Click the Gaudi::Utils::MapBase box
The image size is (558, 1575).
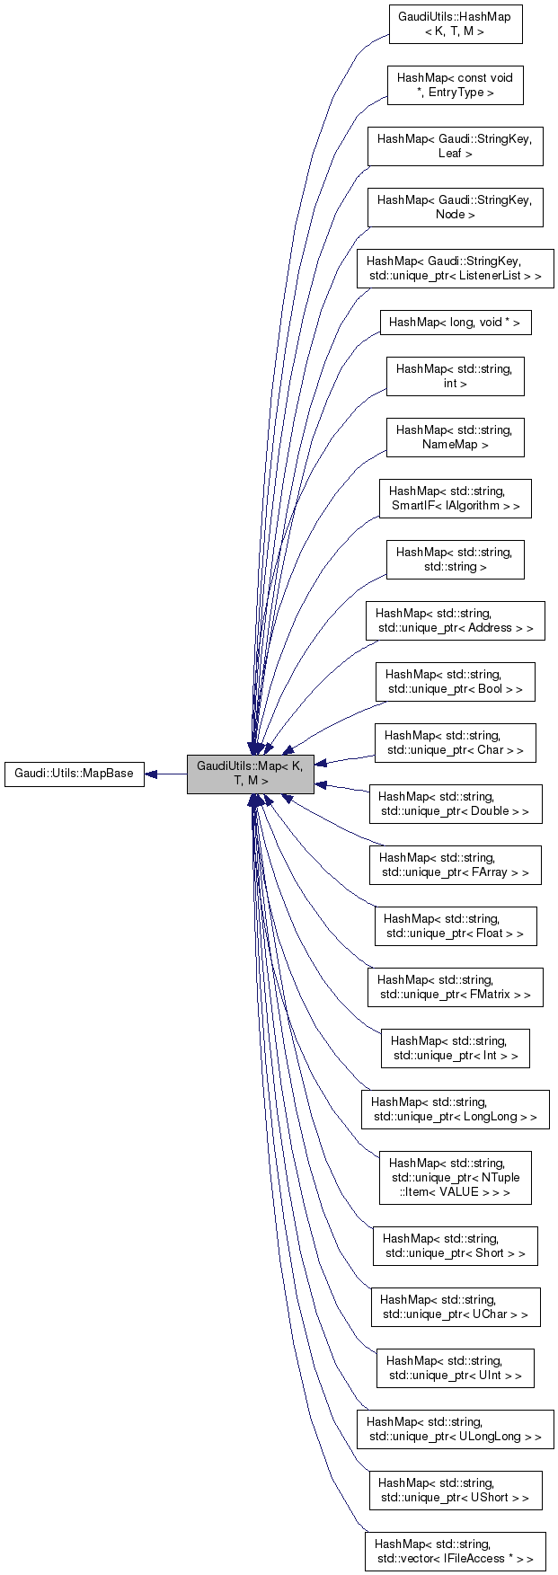pyautogui.click(x=75, y=774)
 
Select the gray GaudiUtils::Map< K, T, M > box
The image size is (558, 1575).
pyautogui.click(x=250, y=774)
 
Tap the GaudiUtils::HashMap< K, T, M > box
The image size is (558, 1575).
pyautogui.click(x=455, y=24)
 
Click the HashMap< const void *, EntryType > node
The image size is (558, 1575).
pyautogui.click(x=455, y=85)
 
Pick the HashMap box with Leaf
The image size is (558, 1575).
pyautogui.click(x=455, y=146)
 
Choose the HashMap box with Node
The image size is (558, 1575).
pyautogui.click(x=455, y=208)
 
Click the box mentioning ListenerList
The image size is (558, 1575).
pyautogui.click(x=455, y=269)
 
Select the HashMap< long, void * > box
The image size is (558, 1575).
pyautogui.click(x=455, y=323)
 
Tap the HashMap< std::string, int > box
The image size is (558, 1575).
pyautogui.click(x=455, y=376)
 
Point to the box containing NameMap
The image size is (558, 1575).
pyautogui.click(x=455, y=438)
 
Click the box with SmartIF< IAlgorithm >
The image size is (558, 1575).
pyautogui.click(x=455, y=499)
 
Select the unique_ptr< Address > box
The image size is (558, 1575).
pyautogui.click(x=455, y=621)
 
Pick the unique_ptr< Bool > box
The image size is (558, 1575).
pyautogui.click(x=455, y=682)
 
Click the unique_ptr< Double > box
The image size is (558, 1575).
pyautogui.click(x=455, y=804)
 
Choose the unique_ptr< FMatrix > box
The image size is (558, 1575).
pyautogui.click(x=455, y=987)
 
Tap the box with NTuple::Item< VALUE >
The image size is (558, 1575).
pyautogui.click(x=455, y=1177)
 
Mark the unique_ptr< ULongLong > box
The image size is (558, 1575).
pyautogui.click(x=455, y=1429)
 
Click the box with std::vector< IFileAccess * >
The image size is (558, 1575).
pyautogui.click(x=455, y=1552)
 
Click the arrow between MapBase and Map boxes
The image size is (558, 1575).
pyautogui.click(x=166, y=774)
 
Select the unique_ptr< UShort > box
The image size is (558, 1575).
pyautogui.click(x=455, y=1491)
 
